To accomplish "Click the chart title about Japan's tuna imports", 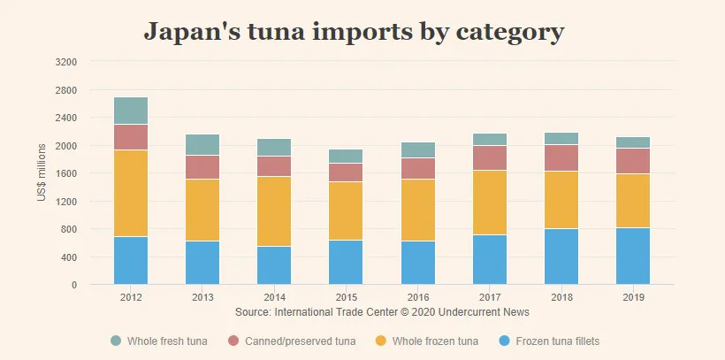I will [354, 32].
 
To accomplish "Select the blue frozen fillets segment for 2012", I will [131, 261].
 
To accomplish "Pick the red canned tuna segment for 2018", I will [562, 157].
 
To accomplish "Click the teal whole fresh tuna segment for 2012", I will [131, 111].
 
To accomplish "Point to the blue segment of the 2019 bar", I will [633, 257].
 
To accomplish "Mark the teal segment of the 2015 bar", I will [347, 156].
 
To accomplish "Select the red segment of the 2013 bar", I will [202, 167].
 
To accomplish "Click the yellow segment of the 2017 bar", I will [489, 203].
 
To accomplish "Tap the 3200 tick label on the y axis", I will [66, 62].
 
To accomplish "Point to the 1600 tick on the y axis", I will [66, 173].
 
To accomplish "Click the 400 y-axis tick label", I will [69, 257].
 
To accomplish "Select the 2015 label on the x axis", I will [347, 297].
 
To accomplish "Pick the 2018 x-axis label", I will [562, 297].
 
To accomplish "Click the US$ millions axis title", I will [42, 172].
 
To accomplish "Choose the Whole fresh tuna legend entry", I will [159, 341].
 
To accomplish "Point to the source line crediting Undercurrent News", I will [383, 312].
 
